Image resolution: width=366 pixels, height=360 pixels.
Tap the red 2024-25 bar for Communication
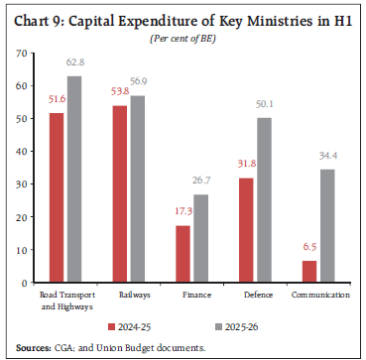tap(309, 272)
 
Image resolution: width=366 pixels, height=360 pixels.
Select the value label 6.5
tap(308, 251)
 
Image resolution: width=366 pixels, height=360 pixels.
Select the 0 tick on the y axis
tap(23, 283)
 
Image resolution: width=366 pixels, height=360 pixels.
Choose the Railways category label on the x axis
tap(130, 295)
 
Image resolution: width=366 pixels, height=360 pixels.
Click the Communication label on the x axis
tap(319, 295)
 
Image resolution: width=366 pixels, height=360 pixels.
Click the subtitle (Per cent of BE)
tap(183, 38)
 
